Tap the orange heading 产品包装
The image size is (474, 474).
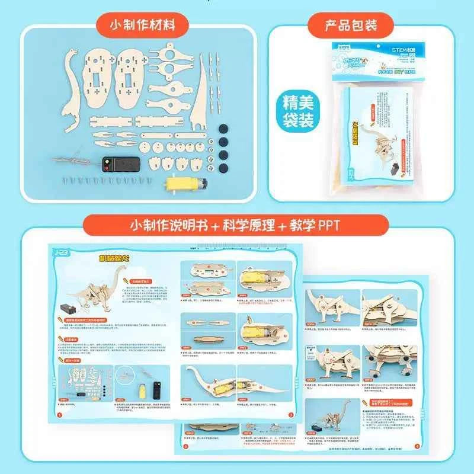(x=350, y=25)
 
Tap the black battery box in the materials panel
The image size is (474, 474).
(x=121, y=164)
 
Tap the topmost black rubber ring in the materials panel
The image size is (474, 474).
(x=223, y=127)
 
